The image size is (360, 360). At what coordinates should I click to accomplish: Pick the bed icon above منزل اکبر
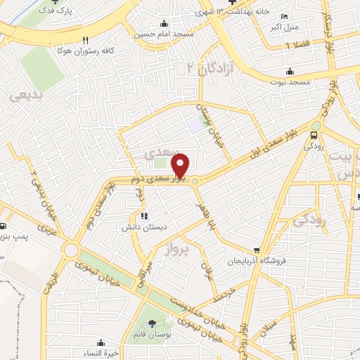pos(284,16)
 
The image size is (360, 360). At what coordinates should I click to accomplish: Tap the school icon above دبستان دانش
pos(144,216)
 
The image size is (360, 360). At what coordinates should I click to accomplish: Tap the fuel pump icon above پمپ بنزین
pos(3,226)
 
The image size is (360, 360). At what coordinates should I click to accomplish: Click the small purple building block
pos(194,127)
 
